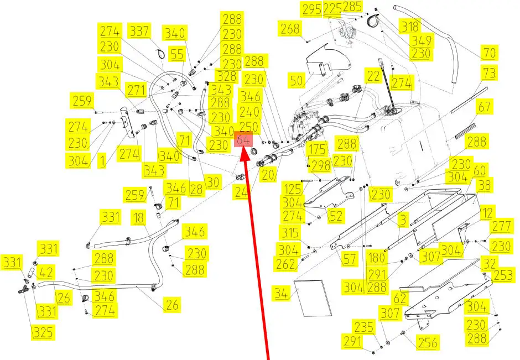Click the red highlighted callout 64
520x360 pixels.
(244, 140)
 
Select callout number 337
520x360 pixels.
(139, 31)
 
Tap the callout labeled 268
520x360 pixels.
(290, 29)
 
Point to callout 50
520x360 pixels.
(297, 81)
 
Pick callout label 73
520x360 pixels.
(489, 73)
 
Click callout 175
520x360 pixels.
(318, 150)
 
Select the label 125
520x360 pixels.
(292, 188)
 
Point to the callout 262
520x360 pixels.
(286, 265)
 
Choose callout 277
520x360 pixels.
(501, 227)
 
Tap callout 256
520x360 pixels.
(427, 343)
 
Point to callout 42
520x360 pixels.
(47, 273)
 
